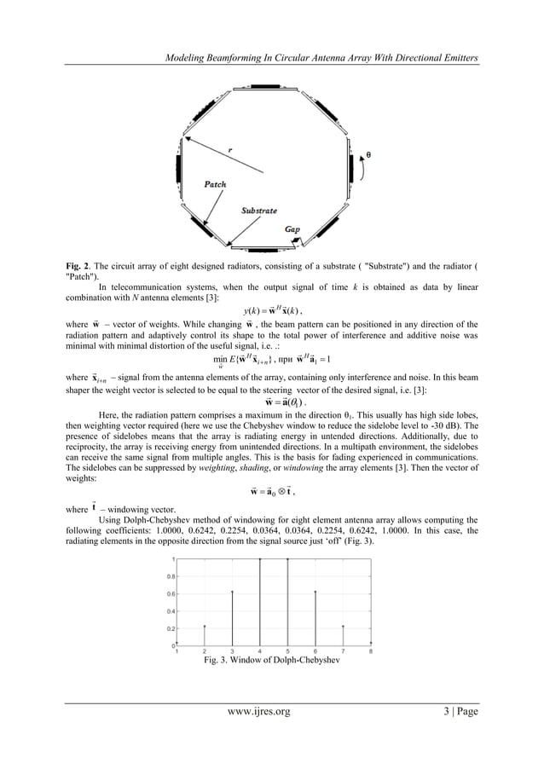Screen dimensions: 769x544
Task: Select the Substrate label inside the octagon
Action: click(x=258, y=209)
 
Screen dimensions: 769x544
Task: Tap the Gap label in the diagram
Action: click(x=292, y=229)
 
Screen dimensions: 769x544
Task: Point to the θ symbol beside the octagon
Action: click(x=367, y=155)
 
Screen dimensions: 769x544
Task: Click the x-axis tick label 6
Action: click(x=315, y=653)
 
